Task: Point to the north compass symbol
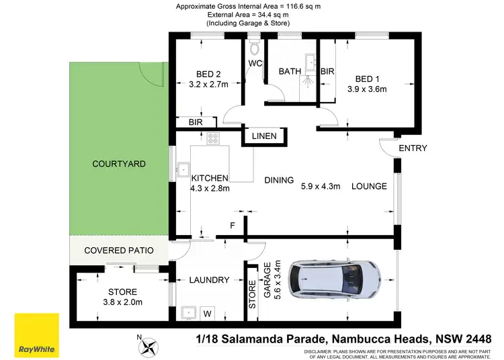149,347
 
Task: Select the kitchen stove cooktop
214,139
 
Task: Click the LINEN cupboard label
264,137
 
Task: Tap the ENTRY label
413,148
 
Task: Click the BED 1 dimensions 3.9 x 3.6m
368,89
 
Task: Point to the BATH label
290,71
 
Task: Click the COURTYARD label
119,164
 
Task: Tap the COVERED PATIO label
119,251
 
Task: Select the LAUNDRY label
209,280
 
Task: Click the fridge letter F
232,226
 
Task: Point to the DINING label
279,180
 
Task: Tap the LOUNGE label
369,186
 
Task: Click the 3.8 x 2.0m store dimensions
122,304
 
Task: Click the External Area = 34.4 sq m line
248,15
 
